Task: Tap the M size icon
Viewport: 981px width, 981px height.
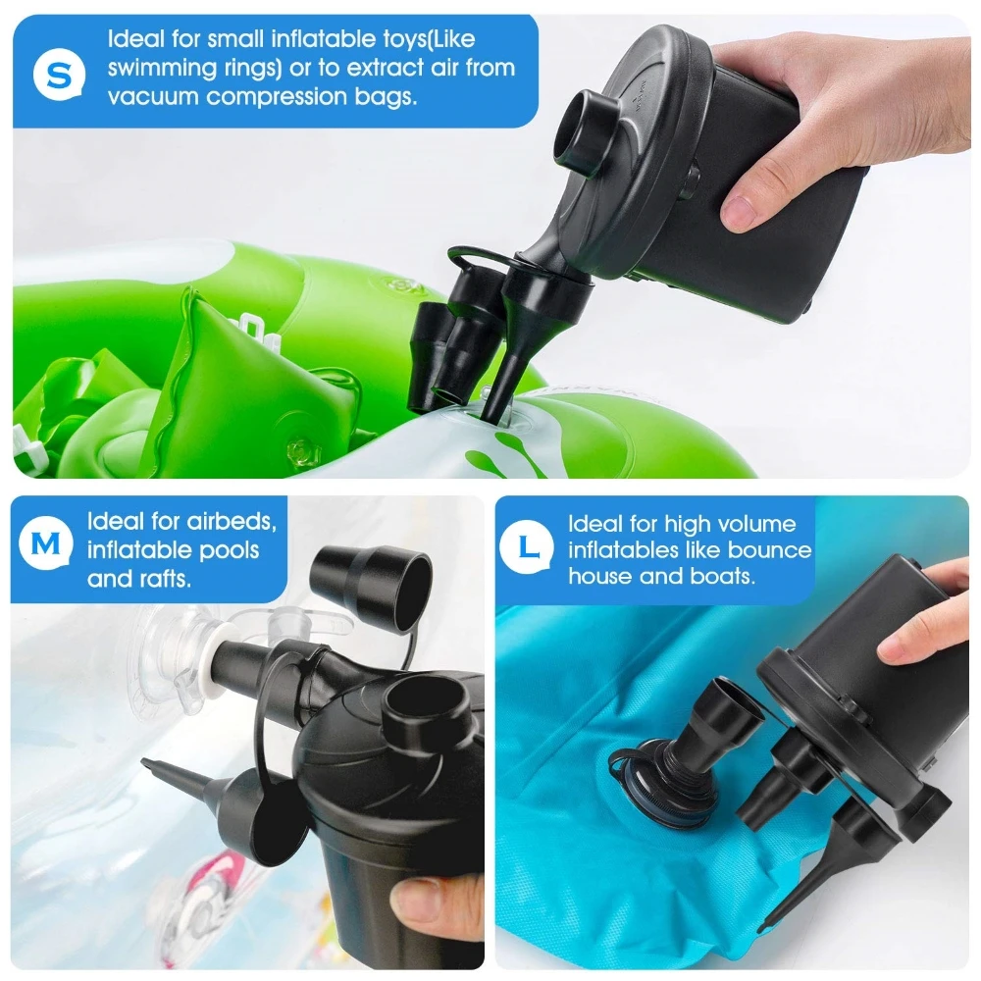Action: pos(47,542)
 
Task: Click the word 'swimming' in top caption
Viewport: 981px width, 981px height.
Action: pos(157,69)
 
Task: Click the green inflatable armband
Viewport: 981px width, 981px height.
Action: pos(226,383)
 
